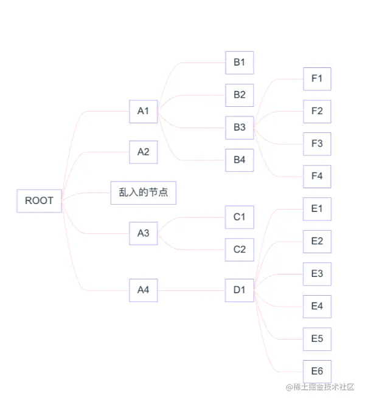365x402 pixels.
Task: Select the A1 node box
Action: point(143,111)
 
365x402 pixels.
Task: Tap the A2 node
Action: point(143,152)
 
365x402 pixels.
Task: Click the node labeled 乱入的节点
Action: point(144,192)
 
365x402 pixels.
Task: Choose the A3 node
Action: point(143,233)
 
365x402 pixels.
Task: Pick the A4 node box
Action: point(143,290)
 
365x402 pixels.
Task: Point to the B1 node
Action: point(239,63)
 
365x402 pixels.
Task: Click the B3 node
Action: point(239,128)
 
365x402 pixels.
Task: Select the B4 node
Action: point(239,160)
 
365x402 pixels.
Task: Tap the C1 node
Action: point(239,217)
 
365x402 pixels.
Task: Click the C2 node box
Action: point(239,250)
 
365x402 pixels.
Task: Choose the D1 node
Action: point(239,290)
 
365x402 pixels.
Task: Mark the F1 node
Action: point(317,78)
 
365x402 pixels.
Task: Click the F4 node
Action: point(317,176)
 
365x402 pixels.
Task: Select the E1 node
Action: point(317,209)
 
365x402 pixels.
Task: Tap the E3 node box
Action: point(317,274)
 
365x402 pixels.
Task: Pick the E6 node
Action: point(317,372)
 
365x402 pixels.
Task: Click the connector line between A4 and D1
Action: point(191,290)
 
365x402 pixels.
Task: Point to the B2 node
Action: point(239,95)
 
